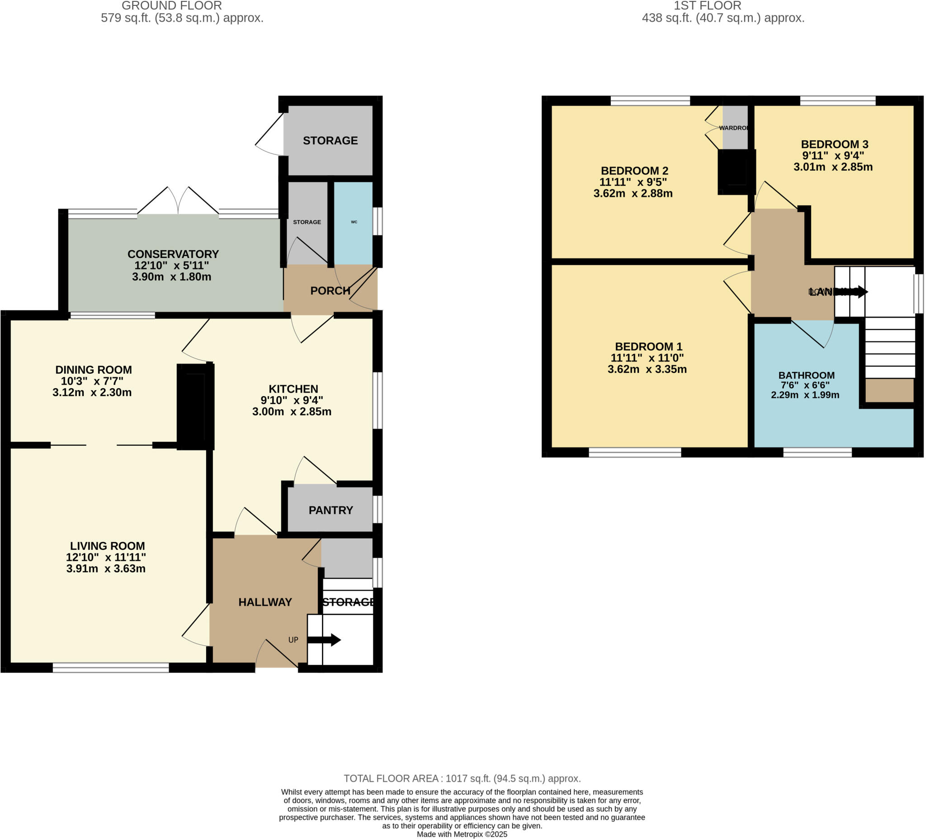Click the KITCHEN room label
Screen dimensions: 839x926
click(293, 389)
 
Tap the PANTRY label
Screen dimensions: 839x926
click(331, 510)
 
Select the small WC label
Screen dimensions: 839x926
click(354, 222)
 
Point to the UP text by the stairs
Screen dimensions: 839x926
click(293, 640)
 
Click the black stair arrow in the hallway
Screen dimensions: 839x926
click(324, 640)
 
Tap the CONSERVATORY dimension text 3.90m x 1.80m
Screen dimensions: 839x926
click(172, 277)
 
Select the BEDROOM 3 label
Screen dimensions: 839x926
click(835, 144)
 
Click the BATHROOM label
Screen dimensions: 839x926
click(806, 375)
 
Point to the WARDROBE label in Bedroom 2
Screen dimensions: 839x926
click(733, 128)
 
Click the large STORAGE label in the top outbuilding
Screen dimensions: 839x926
click(330, 141)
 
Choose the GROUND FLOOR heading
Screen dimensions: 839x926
click(172, 6)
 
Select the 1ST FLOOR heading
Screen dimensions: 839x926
click(707, 6)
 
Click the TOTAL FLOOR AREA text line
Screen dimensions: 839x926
click(462, 778)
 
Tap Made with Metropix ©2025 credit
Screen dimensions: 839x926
click(462, 834)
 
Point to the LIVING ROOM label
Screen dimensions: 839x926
click(108, 546)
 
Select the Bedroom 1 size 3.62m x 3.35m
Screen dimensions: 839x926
click(647, 369)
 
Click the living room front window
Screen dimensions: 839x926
click(111, 668)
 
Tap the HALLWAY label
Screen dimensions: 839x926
click(265, 602)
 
